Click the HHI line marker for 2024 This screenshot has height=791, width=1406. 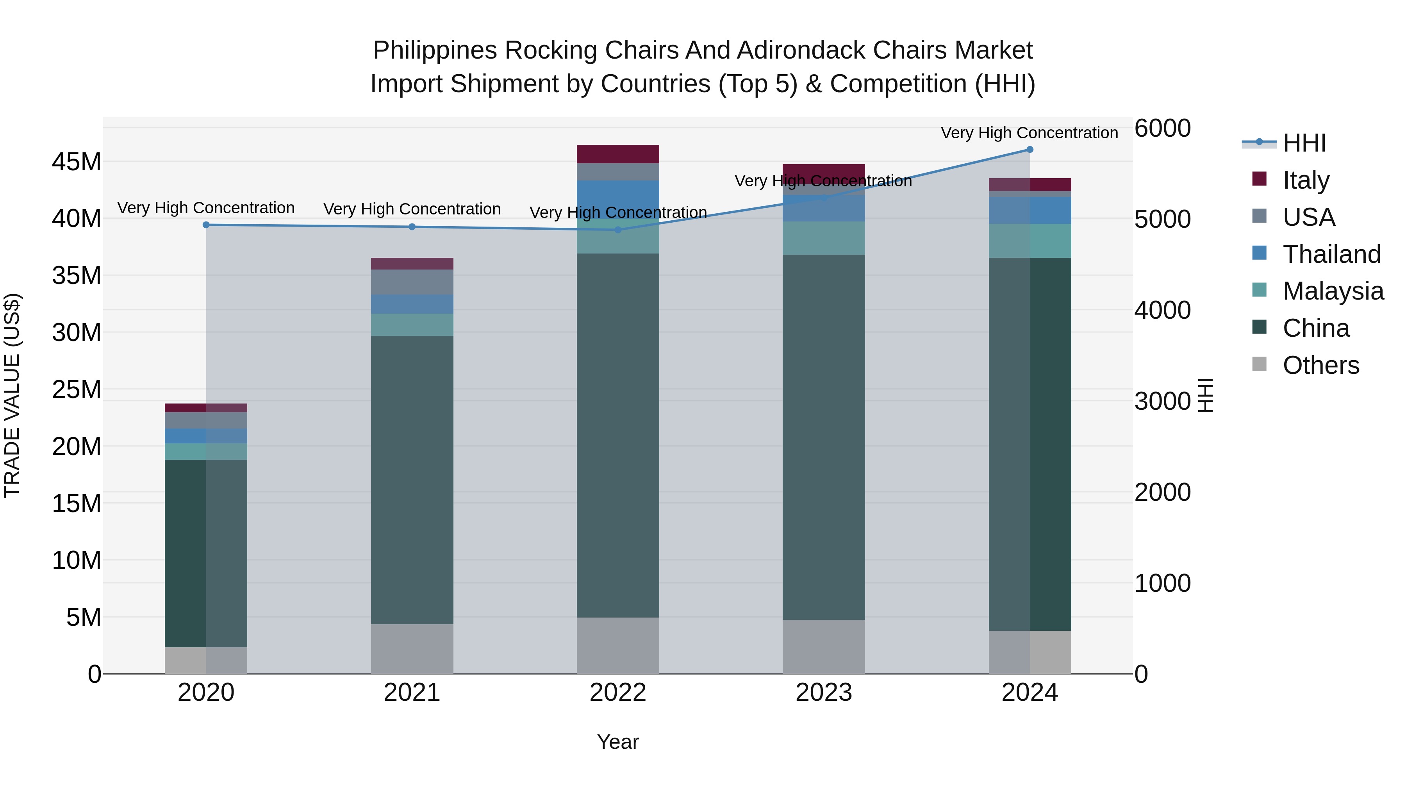pyautogui.click(x=1030, y=150)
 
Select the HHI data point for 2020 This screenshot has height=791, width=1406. pyautogui.click(x=206, y=225)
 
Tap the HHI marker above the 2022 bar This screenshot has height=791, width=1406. pyautogui.click(x=618, y=230)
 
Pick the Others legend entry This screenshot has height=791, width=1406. pyautogui.click(x=1320, y=365)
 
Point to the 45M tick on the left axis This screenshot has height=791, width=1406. pyautogui.click(x=77, y=162)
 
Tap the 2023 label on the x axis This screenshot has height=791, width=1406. pyautogui.click(x=824, y=693)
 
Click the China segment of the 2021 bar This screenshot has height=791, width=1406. pyautogui.click(x=412, y=480)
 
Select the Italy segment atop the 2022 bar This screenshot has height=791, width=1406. pyautogui.click(x=618, y=154)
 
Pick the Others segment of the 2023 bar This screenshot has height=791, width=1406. pyautogui.click(x=824, y=647)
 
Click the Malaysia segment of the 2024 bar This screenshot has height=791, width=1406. pyautogui.click(x=1030, y=241)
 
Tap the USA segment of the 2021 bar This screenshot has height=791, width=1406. pyautogui.click(x=412, y=282)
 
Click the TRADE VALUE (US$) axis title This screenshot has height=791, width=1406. pyautogui.click(x=12, y=395)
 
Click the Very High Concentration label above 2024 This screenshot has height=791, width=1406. pyautogui.click(x=1030, y=133)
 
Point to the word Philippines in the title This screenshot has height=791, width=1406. pyautogui.click(x=435, y=50)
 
